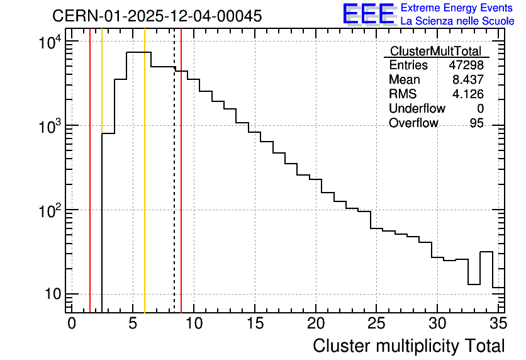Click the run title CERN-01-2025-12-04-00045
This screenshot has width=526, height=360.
[157, 16]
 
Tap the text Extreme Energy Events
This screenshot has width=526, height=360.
[457, 8]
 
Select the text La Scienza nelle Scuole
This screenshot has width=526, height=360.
[457, 21]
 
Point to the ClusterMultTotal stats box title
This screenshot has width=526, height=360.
[436, 51]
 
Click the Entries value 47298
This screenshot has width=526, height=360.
[466, 65]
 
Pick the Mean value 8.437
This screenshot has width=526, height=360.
[468, 79]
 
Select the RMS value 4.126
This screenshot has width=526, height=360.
[468, 94]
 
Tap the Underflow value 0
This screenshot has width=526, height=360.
[480, 108]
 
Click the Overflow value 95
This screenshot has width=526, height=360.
[477, 123]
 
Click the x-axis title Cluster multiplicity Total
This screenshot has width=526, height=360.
[409, 346]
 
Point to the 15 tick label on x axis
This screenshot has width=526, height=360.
[255, 323]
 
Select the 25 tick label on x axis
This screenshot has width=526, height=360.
[376, 323]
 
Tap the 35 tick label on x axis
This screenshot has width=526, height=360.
[498, 323]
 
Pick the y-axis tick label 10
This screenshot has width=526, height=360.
[53, 295]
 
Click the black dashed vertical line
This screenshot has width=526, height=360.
[174, 171]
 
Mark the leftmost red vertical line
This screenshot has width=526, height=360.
[90, 171]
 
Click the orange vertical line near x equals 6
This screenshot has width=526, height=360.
[145, 171]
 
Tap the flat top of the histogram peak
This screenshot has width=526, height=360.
[138, 52]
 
